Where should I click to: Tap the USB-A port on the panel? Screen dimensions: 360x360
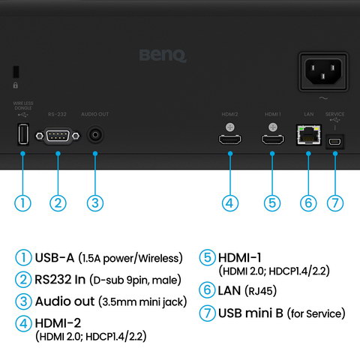coord(22,136)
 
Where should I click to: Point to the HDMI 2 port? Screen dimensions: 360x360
coord(230,139)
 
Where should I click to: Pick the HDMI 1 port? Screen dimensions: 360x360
coord(271,139)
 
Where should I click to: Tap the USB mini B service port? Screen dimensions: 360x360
coord(335,140)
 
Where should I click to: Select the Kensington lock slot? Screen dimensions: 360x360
coord(16,73)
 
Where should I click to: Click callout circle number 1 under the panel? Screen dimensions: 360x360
coord(22,202)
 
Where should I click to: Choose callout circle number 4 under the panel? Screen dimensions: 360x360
coord(230,202)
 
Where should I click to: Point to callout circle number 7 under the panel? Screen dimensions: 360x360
coord(335,202)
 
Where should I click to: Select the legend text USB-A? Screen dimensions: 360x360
coord(55,258)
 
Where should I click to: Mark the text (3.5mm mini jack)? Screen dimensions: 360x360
coord(142,301)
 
